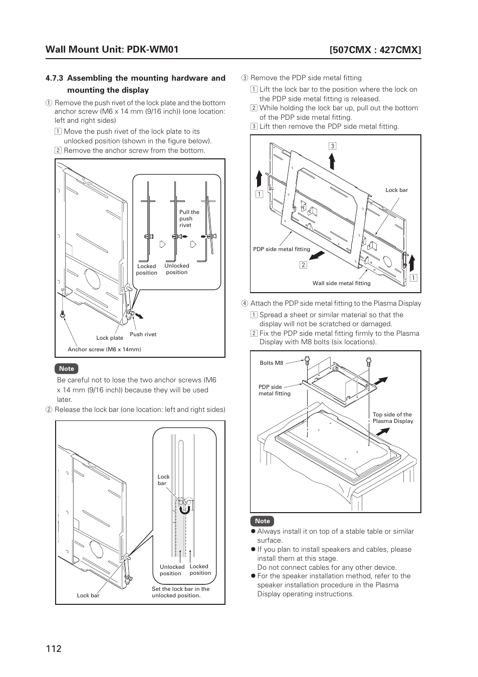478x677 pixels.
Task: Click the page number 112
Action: point(53,648)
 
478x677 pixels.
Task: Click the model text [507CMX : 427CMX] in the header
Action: point(375,50)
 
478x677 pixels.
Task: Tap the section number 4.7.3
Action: point(54,78)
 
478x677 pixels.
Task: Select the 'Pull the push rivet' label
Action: point(189,218)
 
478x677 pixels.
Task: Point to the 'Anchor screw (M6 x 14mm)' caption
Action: point(104,349)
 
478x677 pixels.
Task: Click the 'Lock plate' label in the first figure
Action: point(110,338)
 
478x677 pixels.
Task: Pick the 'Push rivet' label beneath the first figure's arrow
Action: point(143,334)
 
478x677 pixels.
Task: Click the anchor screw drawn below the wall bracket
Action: point(62,315)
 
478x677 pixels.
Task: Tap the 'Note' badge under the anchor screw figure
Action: point(66,369)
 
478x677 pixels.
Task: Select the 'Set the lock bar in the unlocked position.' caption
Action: point(180,592)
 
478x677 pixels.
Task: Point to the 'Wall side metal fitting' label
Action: point(341,283)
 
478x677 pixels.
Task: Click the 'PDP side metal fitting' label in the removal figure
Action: point(282,249)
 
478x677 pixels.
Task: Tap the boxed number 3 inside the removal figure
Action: point(332,146)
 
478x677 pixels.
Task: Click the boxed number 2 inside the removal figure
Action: point(303,265)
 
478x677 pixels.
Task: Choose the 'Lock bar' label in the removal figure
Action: point(396,190)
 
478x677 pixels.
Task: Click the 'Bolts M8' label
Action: point(272,363)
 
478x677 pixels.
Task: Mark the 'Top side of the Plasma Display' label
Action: point(393,418)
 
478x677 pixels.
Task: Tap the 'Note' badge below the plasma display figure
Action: point(262,521)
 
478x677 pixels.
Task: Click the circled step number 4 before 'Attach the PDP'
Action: point(245,303)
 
